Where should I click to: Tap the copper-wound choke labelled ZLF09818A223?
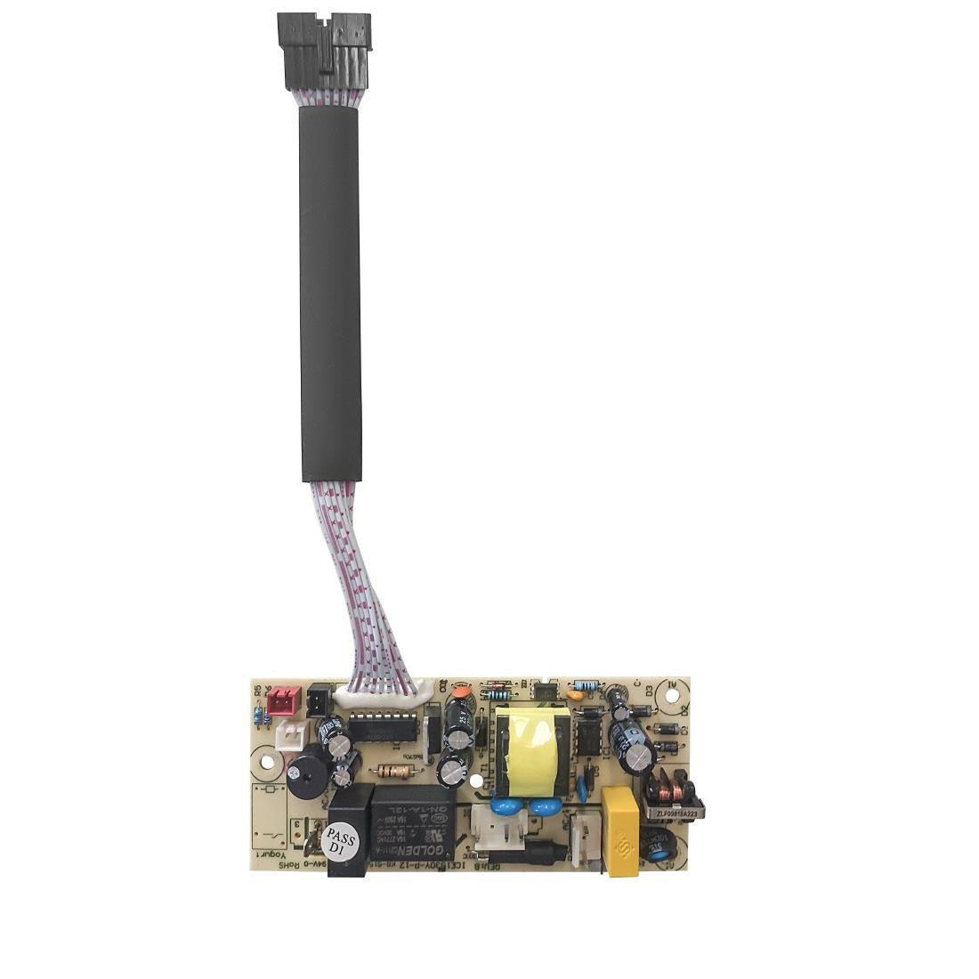(x=674, y=790)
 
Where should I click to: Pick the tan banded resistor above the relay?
(x=395, y=771)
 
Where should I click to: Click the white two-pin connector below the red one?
(x=289, y=736)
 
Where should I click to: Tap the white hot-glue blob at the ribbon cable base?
(x=424, y=688)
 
